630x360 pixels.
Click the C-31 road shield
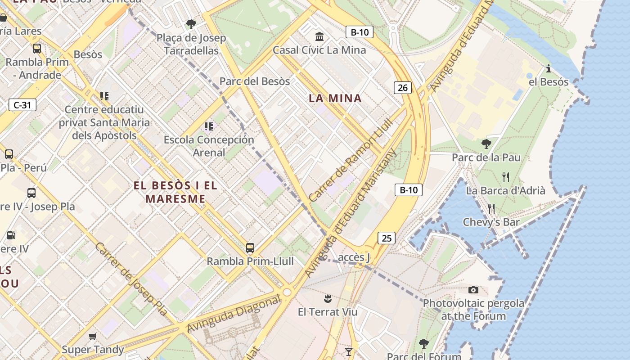[22, 105]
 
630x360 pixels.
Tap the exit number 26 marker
[403, 88]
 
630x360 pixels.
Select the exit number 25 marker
[387, 238]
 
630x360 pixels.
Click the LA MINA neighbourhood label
[335, 98]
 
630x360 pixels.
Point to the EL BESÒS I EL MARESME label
[175, 192]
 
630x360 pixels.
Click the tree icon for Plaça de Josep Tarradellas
[191, 24]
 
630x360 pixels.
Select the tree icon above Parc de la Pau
[486, 144]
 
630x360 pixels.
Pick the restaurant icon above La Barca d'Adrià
[506, 177]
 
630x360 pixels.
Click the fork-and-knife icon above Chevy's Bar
[491, 208]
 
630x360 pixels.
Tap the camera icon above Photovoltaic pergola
[473, 290]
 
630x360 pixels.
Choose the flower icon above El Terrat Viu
[328, 298]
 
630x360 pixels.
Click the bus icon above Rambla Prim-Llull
[250, 247]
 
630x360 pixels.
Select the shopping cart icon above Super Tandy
[93, 336]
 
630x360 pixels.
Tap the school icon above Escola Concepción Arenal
[208, 126]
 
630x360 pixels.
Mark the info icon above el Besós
[549, 68]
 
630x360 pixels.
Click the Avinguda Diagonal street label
[234, 314]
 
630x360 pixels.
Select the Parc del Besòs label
[255, 81]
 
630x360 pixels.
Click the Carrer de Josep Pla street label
[131, 279]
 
